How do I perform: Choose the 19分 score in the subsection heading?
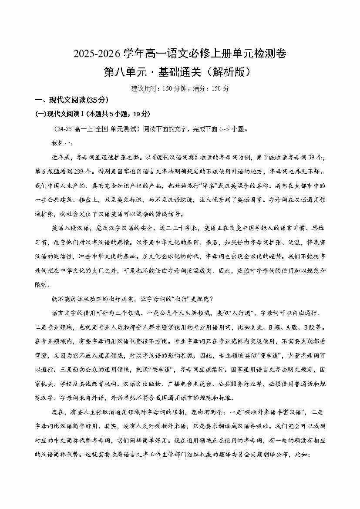pyautogui.click(x=141, y=114)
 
